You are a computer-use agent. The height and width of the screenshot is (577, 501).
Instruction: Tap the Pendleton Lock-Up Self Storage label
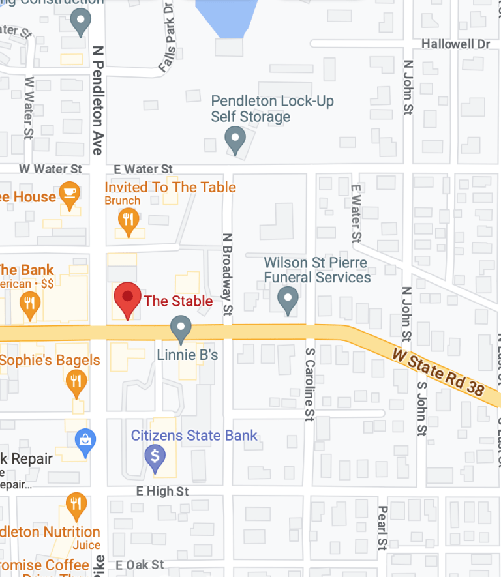coord(272,109)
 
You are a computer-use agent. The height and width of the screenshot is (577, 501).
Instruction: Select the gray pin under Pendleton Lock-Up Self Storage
coord(235,139)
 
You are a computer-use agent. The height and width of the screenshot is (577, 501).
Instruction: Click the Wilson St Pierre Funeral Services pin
coord(288,300)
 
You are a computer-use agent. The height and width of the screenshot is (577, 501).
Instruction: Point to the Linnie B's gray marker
coord(181,327)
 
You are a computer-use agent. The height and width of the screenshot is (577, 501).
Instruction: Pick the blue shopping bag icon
coord(85,441)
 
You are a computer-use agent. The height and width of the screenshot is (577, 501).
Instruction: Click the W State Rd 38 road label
coord(438,372)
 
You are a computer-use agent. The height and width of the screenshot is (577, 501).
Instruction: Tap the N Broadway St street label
coord(227,274)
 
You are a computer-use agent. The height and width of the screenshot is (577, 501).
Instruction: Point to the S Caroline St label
coord(309,383)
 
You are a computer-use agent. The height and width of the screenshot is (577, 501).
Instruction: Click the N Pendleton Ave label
coord(98,99)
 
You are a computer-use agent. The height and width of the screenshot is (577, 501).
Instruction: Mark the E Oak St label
coord(140,565)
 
